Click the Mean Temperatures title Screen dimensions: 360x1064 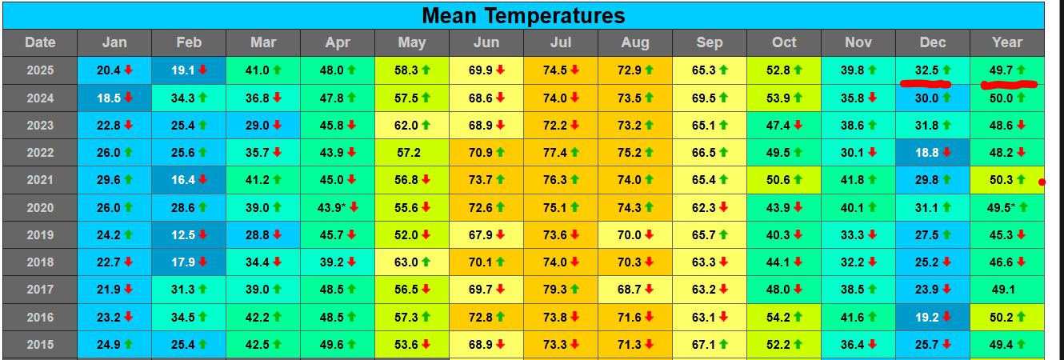(x=523, y=15)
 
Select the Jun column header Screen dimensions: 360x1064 (x=486, y=43)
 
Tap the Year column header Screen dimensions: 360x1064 (x=1006, y=43)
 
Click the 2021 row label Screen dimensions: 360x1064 (x=40, y=180)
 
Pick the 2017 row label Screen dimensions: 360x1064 (x=40, y=290)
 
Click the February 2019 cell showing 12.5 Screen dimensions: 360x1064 (x=189, y=235)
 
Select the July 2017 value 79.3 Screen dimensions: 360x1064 (x=561, y=290)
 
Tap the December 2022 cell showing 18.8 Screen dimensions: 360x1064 (x=933, y=153)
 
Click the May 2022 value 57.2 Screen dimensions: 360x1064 (x=412, y=153)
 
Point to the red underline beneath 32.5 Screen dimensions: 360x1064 (x=925, y=83)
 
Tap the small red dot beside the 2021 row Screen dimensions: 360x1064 (x=1042, y=182)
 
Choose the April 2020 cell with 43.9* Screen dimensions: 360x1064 (x=338, y=208)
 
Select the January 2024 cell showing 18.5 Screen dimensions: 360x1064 (x=114, y=98)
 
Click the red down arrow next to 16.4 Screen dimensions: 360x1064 (x=203, y=180)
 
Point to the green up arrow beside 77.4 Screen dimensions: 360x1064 (x=574, y=153)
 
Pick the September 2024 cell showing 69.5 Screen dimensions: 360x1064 (x=710, y=98)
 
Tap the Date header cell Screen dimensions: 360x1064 (x=40, y=43)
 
